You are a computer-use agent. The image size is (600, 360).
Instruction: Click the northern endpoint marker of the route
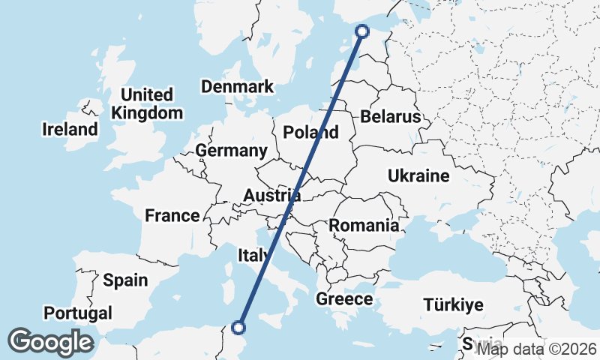(x=362, y=31)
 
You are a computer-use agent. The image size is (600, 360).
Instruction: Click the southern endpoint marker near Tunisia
(x=239, y=327)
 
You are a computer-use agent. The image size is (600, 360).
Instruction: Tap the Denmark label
(x=237, y=86)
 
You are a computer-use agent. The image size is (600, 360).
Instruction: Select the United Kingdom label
(x=147, y=104)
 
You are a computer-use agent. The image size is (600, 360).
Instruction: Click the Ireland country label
(x=70, y=129)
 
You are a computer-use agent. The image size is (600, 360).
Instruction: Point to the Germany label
(x=231, y=151)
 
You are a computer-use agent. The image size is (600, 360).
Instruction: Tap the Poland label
(x=310, y=133)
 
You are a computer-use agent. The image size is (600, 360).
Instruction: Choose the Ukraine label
(x=418, y=176)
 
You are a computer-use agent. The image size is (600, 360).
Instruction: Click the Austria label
(x=272, y=196)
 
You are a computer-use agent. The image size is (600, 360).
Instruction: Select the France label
(x=172, y=216)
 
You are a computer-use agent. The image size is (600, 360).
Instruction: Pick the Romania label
(x=364, y=225)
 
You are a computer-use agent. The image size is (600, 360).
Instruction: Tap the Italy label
(x=253, y=255)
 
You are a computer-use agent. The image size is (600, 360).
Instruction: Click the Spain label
(x=125, y=280)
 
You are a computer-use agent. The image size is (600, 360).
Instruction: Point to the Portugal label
(x=78, y=313)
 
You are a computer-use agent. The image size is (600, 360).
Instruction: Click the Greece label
(x=344, y=299)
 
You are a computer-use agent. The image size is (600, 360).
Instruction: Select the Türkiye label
(x=453, y=305)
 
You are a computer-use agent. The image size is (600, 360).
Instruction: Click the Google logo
(x=50, y=342)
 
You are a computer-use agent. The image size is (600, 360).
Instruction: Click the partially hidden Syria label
(x=471, y=344)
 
